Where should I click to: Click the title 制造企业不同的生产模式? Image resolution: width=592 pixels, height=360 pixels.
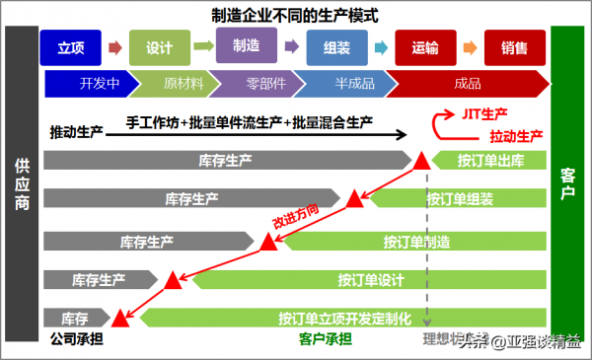[295, 16]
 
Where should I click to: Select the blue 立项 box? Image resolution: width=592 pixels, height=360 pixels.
[70, 47]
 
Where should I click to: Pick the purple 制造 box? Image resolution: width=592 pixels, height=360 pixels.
[247, 45]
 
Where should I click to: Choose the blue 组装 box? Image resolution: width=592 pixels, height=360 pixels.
[335, 47]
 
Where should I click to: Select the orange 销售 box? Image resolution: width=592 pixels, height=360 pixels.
[513, 47]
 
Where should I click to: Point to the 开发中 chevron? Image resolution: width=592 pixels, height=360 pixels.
[99, 83]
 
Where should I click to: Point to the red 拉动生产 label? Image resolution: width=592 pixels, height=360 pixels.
[515, 135]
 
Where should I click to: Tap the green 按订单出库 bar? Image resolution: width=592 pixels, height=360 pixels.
[488, 161]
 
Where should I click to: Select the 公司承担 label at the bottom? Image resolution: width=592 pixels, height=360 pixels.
[76, 340]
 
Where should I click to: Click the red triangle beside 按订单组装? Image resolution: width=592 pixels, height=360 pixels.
[354, 199]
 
